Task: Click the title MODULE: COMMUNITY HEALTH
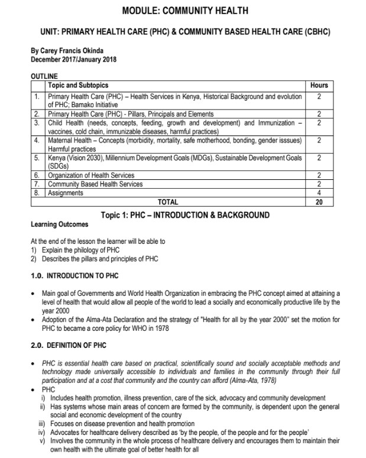[x=184, y=11]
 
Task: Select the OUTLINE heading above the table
[x=44, y=76]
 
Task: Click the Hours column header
[x=319, y=85]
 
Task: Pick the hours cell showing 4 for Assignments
[x=319, y=193]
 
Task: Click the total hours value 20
[x=319, y=202]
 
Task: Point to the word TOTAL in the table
[x=168, y=202]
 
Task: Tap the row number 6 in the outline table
[x=37, y=175]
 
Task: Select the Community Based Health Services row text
[x=95, y=184]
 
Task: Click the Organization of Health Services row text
[x=91, y=175]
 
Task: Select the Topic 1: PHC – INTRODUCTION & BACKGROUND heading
[x=184, y=214]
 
